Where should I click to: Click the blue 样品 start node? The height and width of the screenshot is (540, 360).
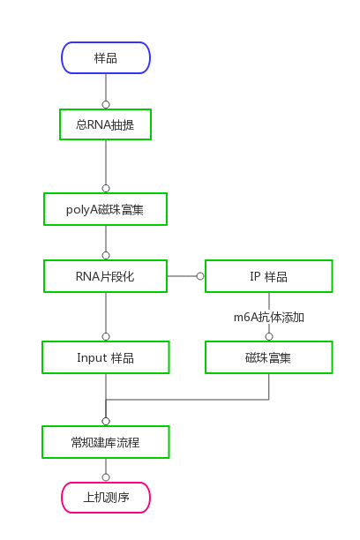pos(106,58)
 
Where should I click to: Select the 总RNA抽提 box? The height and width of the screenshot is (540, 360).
pos(105,124)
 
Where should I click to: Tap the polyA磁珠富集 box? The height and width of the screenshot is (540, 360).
pos(105,209)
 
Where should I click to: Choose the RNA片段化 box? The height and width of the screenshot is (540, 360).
pos(105,276)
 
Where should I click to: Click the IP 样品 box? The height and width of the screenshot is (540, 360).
pos(269,276)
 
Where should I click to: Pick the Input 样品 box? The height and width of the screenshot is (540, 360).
pos(105,357)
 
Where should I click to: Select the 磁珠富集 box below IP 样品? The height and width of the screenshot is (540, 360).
pos(269,357)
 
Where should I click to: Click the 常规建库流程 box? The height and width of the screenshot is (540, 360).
pos(105,442)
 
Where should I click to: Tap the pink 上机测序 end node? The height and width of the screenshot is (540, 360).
pos(106,498)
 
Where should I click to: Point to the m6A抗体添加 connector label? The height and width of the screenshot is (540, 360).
pos(269,317)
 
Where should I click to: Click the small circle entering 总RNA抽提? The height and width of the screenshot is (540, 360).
pos(106,105)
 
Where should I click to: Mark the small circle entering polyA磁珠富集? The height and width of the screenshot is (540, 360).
pos(106,188)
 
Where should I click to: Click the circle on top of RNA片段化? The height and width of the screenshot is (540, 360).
pos(106,256)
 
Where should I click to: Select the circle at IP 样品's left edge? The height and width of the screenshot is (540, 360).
pos(200,276)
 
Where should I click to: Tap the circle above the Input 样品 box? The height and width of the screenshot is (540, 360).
pos(106,337)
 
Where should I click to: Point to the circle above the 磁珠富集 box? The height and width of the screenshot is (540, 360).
pos(269,337)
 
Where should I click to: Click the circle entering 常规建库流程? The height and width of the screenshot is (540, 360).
pos(106,422)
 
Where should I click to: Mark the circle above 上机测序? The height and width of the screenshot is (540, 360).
pos(106,477)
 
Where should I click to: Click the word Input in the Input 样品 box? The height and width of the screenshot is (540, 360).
pos(92,358)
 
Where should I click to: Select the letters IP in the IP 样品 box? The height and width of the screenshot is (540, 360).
pos(255,276)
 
